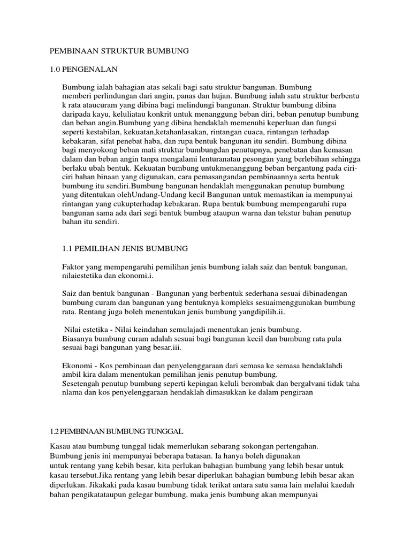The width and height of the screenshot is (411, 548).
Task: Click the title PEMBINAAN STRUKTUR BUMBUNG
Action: tap(120, 51)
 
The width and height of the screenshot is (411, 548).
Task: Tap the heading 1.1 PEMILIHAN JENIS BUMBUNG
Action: tap(123, 248)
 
